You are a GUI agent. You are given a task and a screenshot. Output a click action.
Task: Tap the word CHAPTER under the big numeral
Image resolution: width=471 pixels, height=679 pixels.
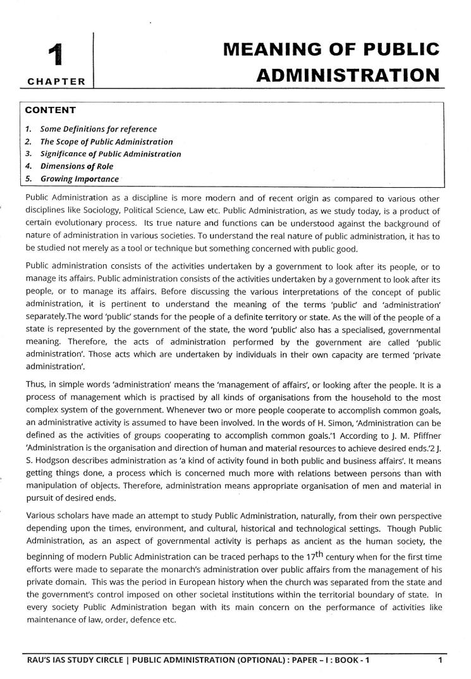point(56,81)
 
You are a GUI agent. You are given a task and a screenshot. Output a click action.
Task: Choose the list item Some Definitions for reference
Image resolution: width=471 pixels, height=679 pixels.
point(98,129)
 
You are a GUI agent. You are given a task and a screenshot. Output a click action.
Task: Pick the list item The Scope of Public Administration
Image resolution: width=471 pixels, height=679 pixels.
point(106,142)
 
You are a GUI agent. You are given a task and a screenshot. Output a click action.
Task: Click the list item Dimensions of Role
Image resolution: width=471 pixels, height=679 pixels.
point(76,166)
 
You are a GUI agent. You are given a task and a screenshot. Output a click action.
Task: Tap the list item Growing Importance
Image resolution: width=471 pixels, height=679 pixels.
point(79,179)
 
